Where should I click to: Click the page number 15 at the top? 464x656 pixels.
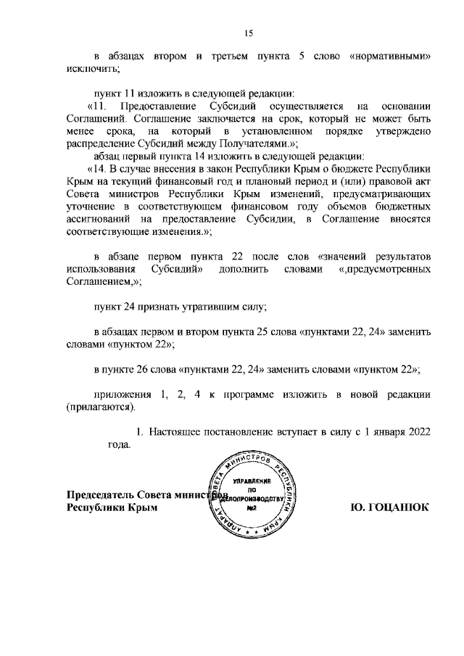click(x=248, y=32)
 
